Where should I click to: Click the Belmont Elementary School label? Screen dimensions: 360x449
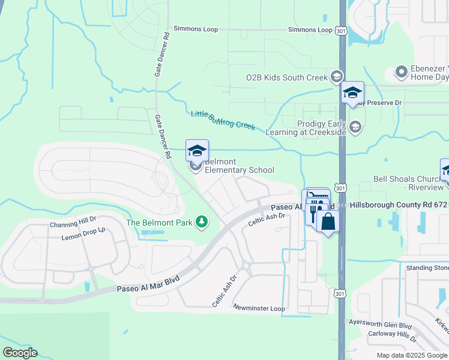coord(239,166)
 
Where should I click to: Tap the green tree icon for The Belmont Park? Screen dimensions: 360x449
coord(202,223)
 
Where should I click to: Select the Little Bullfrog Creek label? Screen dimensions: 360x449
coord(223,121)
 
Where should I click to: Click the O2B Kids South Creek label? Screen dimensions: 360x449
coord(287,77)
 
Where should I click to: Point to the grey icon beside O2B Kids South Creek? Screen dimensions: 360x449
coord(336,77)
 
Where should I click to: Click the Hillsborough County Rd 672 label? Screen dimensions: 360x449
coord(399,205)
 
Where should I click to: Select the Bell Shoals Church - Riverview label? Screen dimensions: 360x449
coord(408,183)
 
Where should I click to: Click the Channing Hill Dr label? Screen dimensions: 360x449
coord(73,224)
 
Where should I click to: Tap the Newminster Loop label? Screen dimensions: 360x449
coord(259,308)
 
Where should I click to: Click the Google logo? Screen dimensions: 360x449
coord(20,353)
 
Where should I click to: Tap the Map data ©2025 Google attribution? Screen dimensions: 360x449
coord(412,355)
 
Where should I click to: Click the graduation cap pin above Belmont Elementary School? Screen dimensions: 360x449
coord(197,151)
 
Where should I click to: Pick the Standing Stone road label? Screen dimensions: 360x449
coord(427,268)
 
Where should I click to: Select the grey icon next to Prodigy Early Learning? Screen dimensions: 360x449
coord(355,127)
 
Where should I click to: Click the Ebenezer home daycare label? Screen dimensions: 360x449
coord(429,73)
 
